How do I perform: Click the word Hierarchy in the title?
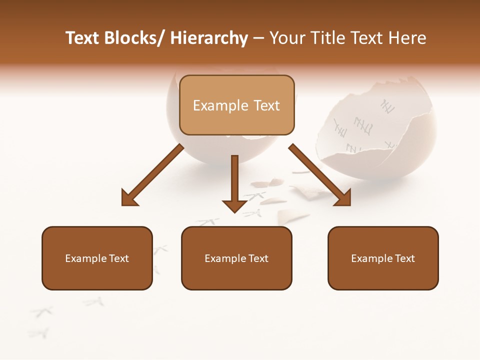(x=209, y=38)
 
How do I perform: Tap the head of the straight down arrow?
(x=234, y=205)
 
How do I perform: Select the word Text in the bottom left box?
(x=118, y=258)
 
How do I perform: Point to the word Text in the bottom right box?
(x=404, y=258)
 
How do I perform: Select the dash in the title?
(x=258, y=38)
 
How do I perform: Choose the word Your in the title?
(x=286, y=38)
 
